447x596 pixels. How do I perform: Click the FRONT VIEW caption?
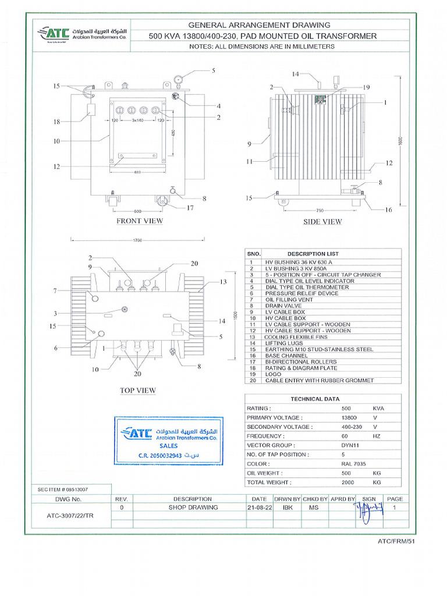(x=140, y=221)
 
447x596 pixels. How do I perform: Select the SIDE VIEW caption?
(x=322, y=221)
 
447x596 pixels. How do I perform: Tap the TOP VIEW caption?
(x=138, y=390)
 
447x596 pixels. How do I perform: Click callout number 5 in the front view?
(x=213, y=70)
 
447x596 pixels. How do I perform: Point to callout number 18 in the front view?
(x=57, y=122)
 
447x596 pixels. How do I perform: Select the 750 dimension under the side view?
(x=320, y=210)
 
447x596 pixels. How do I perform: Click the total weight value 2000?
(x=349, y=482)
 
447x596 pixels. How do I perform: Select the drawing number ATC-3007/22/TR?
(x=69, y=516)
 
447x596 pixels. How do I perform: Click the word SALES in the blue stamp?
(x=169, y=445)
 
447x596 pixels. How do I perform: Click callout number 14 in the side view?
(x=295, y=74)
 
